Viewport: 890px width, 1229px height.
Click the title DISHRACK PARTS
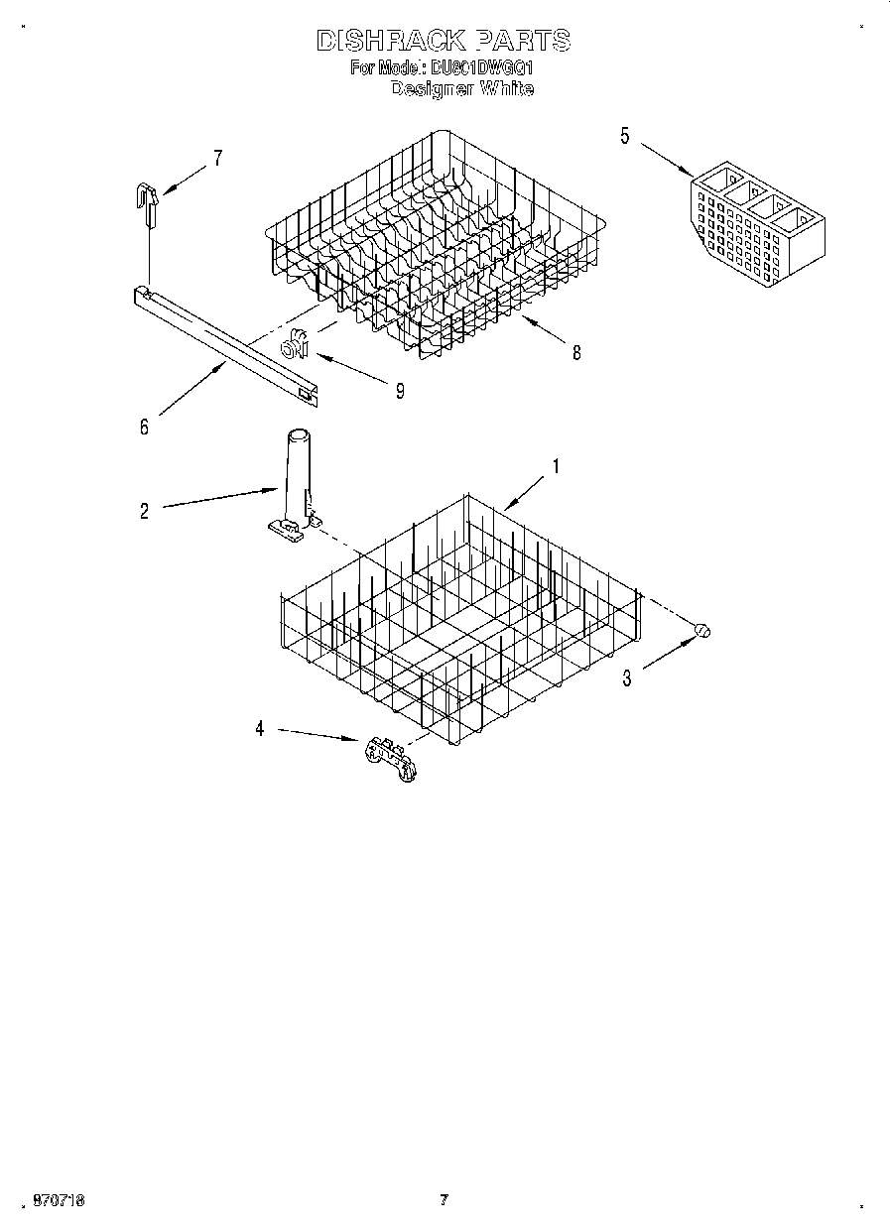[443, 41]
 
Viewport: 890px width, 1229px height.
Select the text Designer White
[462, 89]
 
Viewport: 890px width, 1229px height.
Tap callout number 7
[217, 157]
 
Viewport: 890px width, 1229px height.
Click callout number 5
[624, 136]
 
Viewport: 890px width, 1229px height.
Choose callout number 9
[400, 391]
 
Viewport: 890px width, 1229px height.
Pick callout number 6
[144, 428]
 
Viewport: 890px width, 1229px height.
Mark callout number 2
[144, 512]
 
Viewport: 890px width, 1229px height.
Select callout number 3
[626, 679]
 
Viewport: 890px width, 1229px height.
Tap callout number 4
[260, 729]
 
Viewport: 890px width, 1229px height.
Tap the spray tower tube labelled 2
[296, 476]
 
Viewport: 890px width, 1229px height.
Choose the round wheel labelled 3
[701, 630]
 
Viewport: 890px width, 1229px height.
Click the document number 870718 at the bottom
[59, 1199]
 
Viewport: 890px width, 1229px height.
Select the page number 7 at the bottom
[444, 1199]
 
